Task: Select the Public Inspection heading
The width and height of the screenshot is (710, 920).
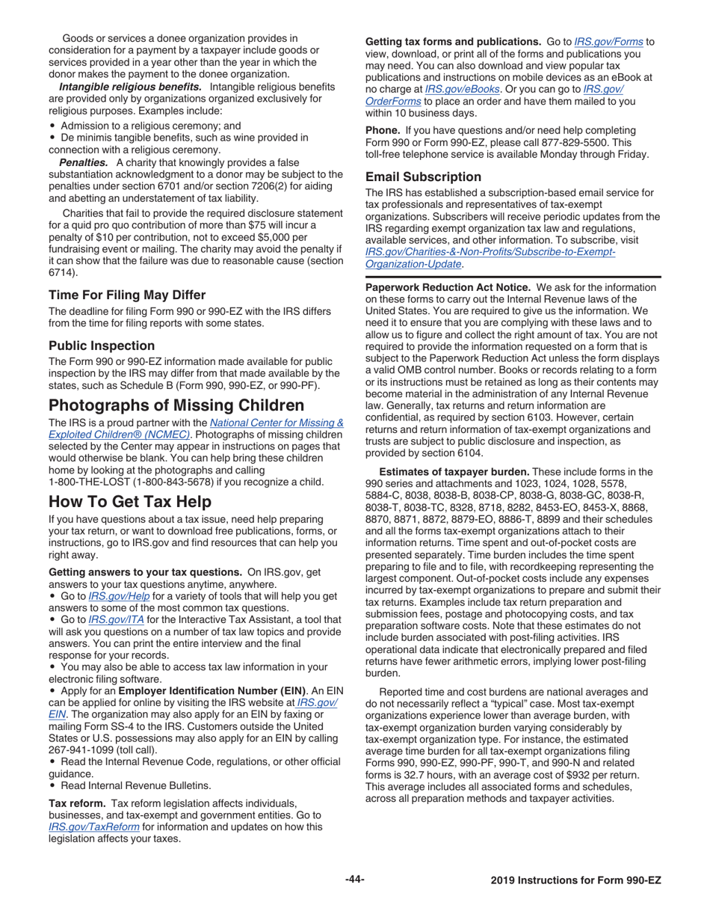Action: [x=102, y=346]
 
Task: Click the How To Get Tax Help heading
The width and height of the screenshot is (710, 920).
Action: [x=131, y=500]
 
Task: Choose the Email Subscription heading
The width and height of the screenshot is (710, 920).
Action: [x=423, y=177]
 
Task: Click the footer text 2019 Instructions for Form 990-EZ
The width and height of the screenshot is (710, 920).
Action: [x=576, y=880]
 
